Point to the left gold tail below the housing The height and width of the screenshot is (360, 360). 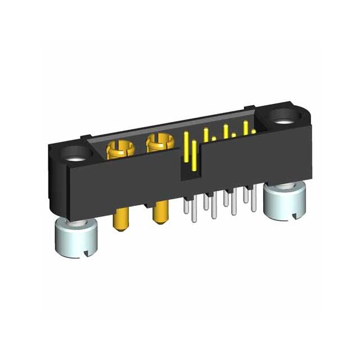pos(120,220)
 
